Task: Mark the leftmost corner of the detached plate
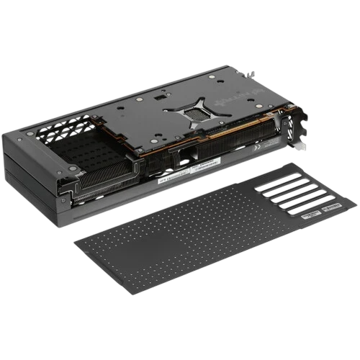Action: (76, 242)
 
